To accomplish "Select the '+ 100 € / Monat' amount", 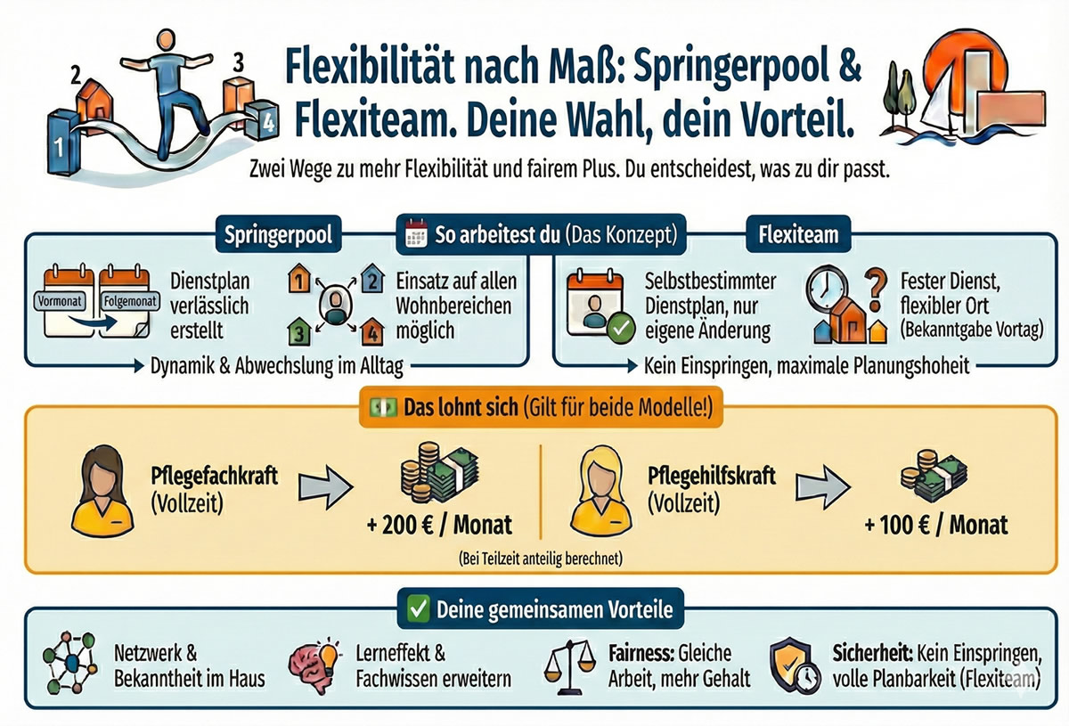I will click(x=936, y=524).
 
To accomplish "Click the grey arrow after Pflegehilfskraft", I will click(x=820, y=486).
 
